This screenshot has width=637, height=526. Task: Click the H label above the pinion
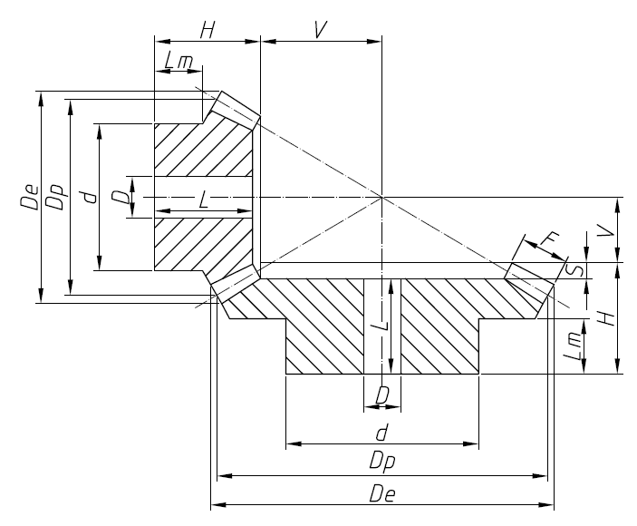[208, 29]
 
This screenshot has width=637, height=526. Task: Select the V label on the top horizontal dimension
[320, 29]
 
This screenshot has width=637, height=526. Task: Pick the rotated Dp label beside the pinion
[57, 199]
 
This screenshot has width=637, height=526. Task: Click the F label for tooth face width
[548, 239]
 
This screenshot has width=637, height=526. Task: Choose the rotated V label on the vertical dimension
[609, 231]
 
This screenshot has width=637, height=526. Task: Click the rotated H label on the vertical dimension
[608, 318]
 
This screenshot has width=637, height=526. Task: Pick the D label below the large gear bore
[382, 394]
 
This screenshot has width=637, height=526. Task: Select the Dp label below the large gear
[381, 461]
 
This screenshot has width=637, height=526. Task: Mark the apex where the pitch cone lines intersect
[382, 197]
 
